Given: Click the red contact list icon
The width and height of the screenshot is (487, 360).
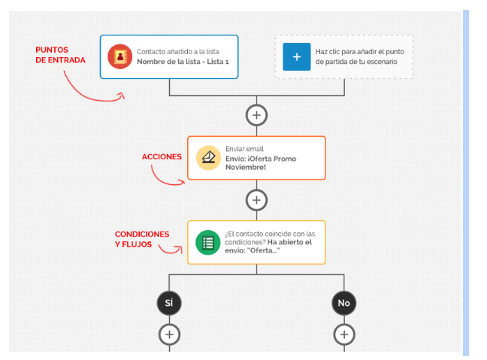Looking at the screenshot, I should tap(119, 56).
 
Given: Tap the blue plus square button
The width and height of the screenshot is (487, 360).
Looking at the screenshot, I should tap(296, 56).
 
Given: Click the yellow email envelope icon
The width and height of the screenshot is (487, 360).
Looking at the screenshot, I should tap(208, 158).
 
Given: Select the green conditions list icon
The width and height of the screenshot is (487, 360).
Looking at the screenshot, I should tap(208, 242).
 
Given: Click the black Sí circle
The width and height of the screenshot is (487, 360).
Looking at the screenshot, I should tap(169, 303).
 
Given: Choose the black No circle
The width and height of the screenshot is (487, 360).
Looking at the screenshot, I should tap(344, 303).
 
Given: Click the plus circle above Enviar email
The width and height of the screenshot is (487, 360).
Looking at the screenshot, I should tap(257, 115).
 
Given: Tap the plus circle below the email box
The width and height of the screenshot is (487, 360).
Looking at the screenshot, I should tap(257, 200).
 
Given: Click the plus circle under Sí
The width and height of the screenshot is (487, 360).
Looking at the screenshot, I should tap(169, 334).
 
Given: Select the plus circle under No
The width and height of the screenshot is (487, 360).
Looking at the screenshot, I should tap(344, 334).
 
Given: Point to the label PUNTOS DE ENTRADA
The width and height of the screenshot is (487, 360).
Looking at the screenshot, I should tap(60, 55).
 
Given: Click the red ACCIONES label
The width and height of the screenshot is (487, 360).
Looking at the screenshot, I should tap(162, 157).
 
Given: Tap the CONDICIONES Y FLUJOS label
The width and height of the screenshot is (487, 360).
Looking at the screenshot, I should tap(141, 239).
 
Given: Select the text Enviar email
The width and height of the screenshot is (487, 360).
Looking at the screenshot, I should tap(244, 149).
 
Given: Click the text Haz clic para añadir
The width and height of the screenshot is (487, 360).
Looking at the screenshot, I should tap(359, 52).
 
